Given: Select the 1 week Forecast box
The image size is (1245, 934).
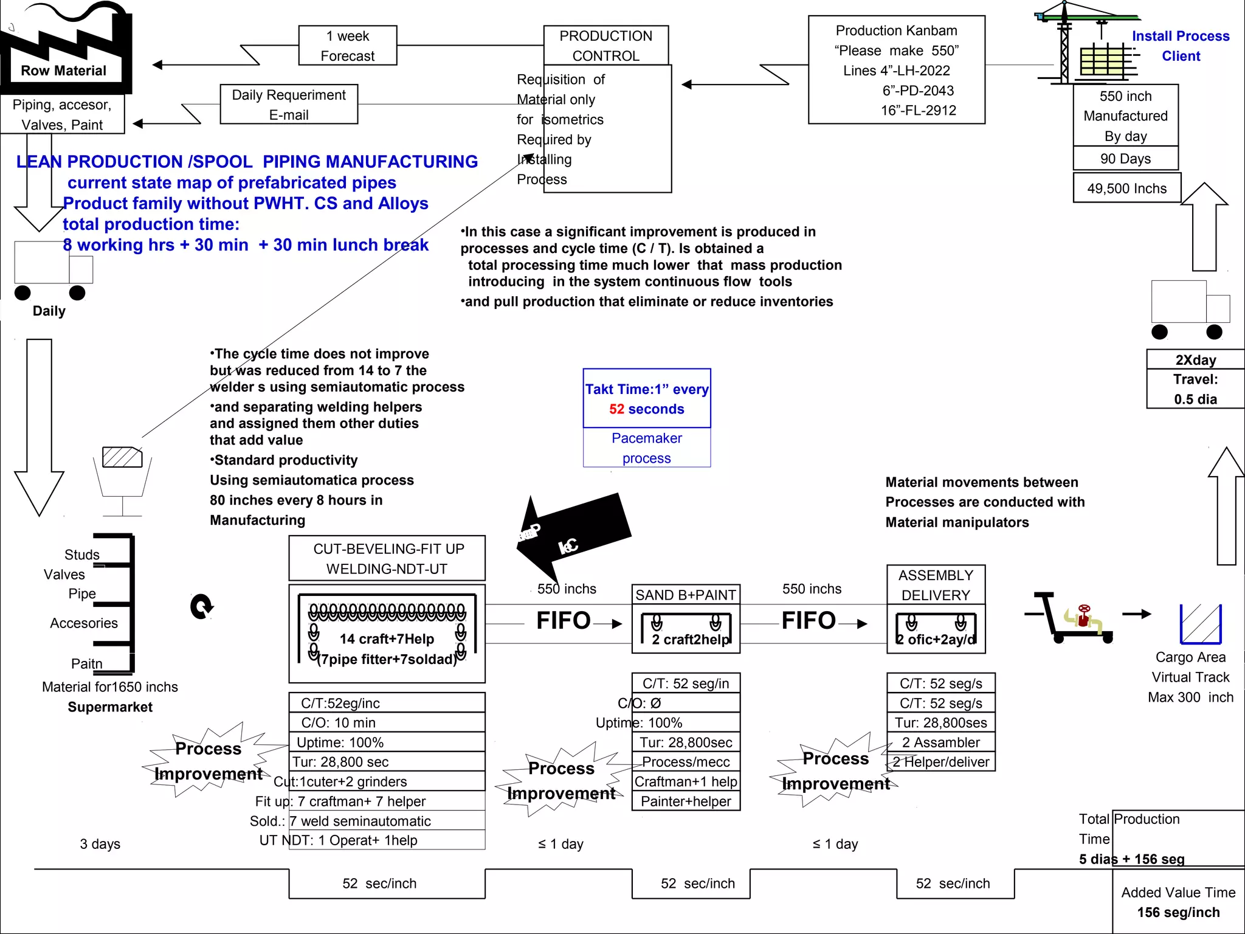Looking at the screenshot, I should (348, 46).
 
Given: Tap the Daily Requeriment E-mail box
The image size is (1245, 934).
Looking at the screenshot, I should (289, 105).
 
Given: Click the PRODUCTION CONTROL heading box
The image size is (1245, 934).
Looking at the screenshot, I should (605, 46).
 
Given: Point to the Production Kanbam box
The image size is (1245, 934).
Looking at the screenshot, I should (896, 70).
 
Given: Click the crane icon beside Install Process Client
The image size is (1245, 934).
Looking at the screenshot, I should (1088, 43).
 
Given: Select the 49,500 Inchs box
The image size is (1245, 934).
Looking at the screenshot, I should (1126, 189).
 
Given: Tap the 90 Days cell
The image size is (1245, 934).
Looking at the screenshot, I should (1125, 159).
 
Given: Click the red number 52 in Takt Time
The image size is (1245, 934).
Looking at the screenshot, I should (616, 409).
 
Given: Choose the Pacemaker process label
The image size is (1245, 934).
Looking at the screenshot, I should (646, 448).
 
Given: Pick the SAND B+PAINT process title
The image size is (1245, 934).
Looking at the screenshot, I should (686, 595).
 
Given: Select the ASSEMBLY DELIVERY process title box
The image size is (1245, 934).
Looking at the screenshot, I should (936, 585).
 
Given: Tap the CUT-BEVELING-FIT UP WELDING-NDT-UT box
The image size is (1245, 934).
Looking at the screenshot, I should (387, 558).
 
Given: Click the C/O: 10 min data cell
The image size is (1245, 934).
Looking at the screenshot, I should (387, 722).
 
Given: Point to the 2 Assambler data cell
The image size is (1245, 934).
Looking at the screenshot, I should (940, 742).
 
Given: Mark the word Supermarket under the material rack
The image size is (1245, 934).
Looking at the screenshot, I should (110, 707).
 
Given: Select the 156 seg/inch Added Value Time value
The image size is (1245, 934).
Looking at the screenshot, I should (1178, 912).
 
